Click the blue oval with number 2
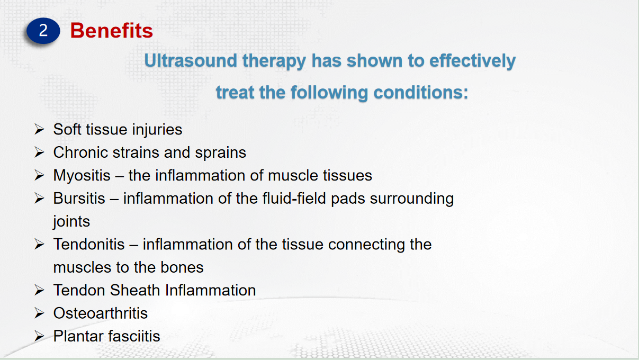pyautogui.click(x=43, y=31)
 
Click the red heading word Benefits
pyautogui.click(x=112, y=31)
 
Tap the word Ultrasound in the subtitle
pyautogui.click(x=191, y=60)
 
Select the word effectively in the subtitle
pyautogui.click(x=472, y=61)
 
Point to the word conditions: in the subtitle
pyautogui.click(x=421, y=93)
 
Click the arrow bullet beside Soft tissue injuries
pyautogui.click(x=39, y=129)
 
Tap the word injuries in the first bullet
pyautogui.click(x=157, y=130)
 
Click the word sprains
pyautogui.click(x=221, y=153)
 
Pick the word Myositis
pyautogui.click(x=82, y=176)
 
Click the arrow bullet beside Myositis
pyautogui.click(x=39, y=175)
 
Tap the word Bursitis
pyautogui.click(x=79, y=198)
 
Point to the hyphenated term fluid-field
pyautogui.click(x=294, y=198)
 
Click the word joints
pyautogui.click(x=71, y=222)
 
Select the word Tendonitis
pyautogui.click(x=89, y=244)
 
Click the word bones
pyautogui.click(x=182, y=267)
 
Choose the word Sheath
pyautogui.click(x=135, y=291)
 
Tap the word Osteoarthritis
pyautogui.click(x=101, y=313)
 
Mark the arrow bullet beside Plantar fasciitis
pyautogui.click(x=39, y=336)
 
